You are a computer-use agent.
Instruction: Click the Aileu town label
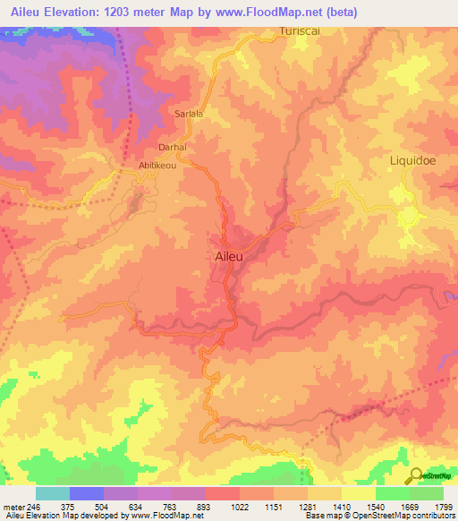pos(231,255)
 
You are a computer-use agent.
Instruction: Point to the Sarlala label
pos(189,115)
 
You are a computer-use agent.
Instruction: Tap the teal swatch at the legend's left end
pos(53,493)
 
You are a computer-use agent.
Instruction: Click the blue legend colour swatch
pos(87,493)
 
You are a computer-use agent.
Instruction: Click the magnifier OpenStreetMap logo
pos(417,476)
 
